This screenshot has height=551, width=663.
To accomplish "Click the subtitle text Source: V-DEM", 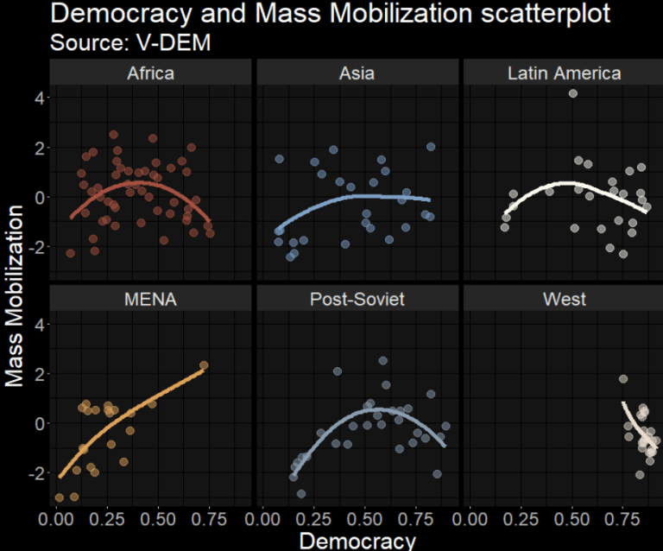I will pos(130,42).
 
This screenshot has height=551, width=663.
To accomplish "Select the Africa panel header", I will pos(150,73).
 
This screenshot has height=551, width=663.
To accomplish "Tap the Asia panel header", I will pos(357,73).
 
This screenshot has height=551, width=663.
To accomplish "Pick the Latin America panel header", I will pos(564,73).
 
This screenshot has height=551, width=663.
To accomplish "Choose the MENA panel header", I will pos(150,300).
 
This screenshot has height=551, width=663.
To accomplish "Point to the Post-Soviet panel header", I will pos(357,300).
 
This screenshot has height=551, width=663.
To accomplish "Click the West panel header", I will pos(564,300).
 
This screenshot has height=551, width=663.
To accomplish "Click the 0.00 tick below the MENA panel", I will pos(57,521).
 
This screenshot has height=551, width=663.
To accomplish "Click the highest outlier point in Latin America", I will pos(572,93).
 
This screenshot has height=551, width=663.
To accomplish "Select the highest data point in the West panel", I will pos(623,379).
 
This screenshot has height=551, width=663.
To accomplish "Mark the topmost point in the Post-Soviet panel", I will pos(382,361).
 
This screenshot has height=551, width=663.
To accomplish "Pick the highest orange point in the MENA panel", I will pos(204,365).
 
